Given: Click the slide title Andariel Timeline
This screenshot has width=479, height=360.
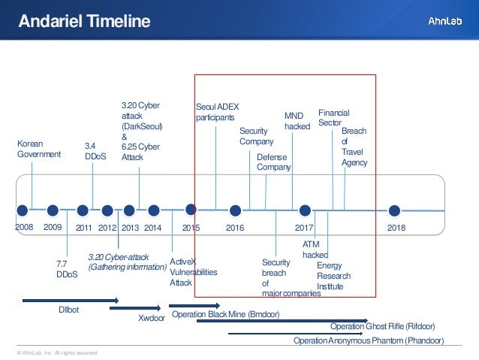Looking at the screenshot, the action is tap(84, 21).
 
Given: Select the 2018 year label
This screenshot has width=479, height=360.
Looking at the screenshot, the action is tap(396, 226).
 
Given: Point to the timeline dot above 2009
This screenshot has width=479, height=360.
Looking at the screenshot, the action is tap(53, 209).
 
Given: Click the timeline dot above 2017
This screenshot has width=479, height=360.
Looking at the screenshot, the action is tap(305, 209).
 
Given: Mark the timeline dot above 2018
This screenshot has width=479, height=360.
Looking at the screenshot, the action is tap(394, 209).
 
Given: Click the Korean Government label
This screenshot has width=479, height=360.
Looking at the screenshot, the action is tap(38, 149).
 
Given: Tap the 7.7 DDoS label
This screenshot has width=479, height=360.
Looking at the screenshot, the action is tap(67, 269).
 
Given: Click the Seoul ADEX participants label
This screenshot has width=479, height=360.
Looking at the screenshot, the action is tap(216, 112).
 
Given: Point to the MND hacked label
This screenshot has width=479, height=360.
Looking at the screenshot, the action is tap(297, 122).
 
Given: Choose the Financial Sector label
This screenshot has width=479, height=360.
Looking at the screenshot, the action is tap(334, 117).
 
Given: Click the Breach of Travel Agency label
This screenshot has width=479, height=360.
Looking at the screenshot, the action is tap(354, 147).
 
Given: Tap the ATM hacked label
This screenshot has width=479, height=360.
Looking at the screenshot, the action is tap(315, 250).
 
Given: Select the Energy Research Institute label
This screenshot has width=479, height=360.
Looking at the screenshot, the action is tap(333, 276).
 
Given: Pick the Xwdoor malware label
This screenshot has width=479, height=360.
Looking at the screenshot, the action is tap(152, 318).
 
